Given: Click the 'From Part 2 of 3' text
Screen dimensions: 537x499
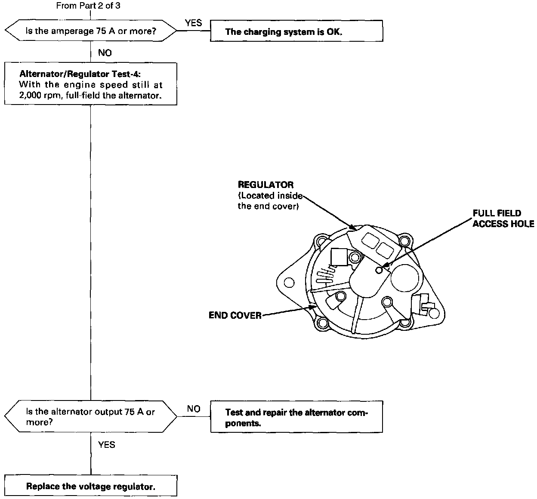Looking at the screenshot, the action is tap(88, 6).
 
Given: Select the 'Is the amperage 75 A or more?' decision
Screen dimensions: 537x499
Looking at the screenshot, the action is tap(91, 31).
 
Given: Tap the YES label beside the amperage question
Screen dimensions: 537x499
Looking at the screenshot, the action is tap(193, 23).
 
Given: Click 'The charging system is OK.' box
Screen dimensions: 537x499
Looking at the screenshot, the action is tap(296, 31).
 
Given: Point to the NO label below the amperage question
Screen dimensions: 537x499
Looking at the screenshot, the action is tap(105, 53).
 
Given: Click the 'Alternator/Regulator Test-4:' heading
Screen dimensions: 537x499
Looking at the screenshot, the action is tap(80, 74).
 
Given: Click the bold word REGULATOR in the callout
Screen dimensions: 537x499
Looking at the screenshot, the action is tap(265, 185).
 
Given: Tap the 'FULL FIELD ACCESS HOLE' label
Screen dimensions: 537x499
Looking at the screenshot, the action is tap(503, 219).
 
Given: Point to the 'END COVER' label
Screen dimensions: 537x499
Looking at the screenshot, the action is tap(235, 315).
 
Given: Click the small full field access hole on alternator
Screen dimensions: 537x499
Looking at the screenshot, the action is tap(379, 270).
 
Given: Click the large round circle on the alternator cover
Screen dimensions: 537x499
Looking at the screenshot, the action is tap(405, 278).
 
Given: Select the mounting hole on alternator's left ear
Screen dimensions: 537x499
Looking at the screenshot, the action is tap(289, 283).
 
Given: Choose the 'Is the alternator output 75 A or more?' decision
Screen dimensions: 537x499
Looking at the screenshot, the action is tap(91, 416).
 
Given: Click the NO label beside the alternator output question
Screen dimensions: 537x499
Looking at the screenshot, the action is tap(194, 409).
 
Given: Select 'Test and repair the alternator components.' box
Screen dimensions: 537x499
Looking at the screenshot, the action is tap(296, 416).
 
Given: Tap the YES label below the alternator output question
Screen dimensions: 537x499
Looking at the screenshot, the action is tap(107, 445).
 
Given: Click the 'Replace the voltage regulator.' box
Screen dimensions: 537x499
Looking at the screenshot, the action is tap(91, 486).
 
